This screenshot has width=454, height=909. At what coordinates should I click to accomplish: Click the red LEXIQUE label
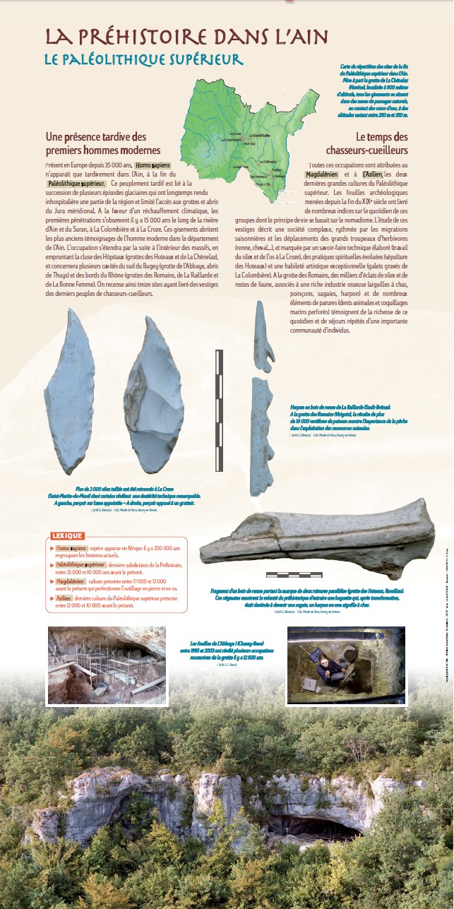(67, 535)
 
